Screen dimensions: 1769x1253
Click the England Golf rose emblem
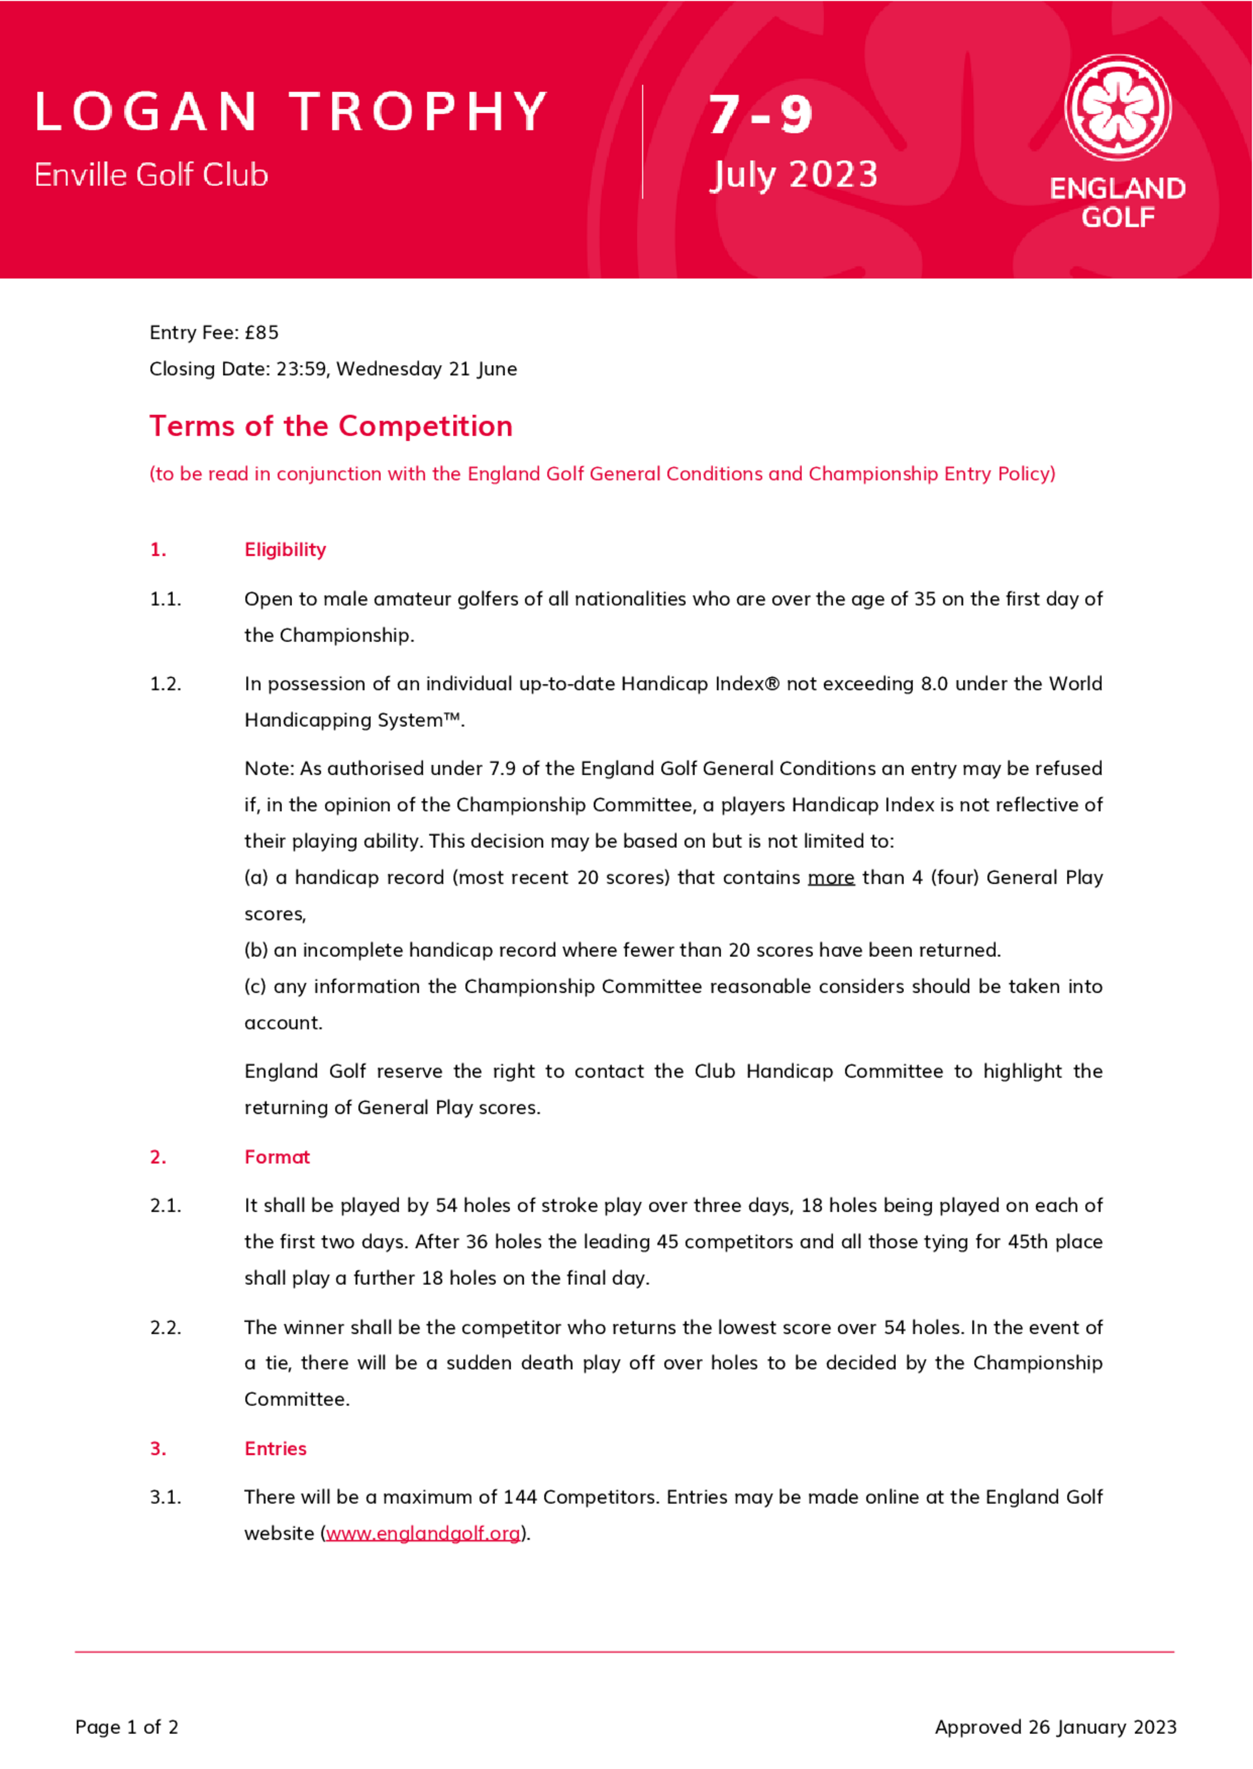pyautogui.click(x=1117, y=107)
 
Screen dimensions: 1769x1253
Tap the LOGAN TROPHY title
pyautogui.click(x=291, y=112)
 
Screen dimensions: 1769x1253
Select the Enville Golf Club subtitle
pyautogui.click(x=151, y=175)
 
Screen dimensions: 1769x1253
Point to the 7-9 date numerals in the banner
pyautogui.click(x=760, y=115)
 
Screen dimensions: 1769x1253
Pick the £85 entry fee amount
pyautogui.click(x=261, y=333)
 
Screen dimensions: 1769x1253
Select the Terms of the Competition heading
pyautogui.click(x=331, y=426)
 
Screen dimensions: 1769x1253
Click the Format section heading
pyautogui.click(x=277, y=1157)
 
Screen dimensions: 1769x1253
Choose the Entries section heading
pyautogui.click(x=276, y=1448)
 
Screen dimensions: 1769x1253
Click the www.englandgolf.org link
pyautogui.click(x=423, y=1533)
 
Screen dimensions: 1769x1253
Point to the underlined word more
pyautogui.click(x=831, y=877)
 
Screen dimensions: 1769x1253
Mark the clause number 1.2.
pyautogui.click(x=165, y=684)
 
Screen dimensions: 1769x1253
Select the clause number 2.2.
pyautogui.click(x=165, y=1327)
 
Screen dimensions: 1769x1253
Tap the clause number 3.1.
pyautogui.click(x=165, y=1497)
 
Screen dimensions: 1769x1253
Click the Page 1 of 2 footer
pyautogui.click(x=127, y=1726)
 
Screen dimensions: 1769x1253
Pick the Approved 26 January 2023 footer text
pyautogui.click(x=1056, y=1726)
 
